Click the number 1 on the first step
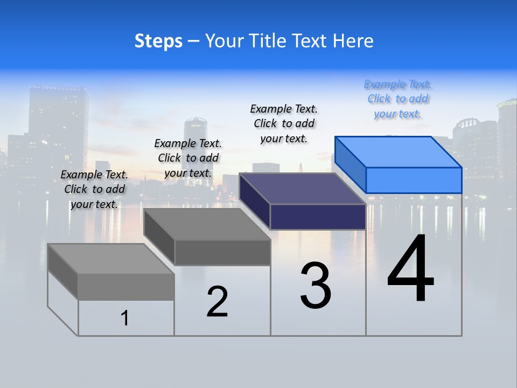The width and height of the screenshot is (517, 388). [x=125, y=318]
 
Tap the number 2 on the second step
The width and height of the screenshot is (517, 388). [x=217, y=302]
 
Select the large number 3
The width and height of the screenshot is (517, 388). [x=316, y=286]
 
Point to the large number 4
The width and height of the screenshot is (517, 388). [x=410, y=269]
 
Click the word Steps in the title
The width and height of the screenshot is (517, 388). [x=158, y=41]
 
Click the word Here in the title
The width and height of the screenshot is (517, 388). [x=353, y=41]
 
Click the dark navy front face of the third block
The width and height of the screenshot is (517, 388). [x=318, y=217]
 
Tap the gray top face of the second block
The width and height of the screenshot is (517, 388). [x=207, y=224]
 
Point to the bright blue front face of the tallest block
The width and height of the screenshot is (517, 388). [x=414, y=180]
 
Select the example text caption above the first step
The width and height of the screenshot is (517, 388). [x=94, y=189]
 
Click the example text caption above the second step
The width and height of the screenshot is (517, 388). [x=188, y=158]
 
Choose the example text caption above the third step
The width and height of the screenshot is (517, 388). [x=284, y=123]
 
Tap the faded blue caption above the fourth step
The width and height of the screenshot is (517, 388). [x=398, y=99]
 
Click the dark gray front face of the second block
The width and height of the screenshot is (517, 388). [x=222, y=252]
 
